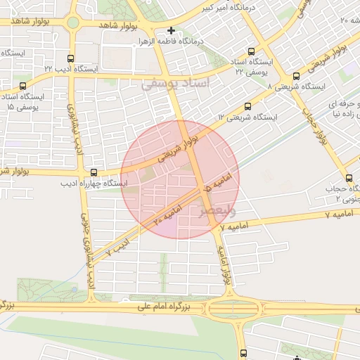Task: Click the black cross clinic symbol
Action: click(172, 30)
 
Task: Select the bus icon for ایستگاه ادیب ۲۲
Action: click(70, 59)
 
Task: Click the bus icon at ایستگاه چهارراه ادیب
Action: click(94, 172)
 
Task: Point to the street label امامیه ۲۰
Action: click(166, 214)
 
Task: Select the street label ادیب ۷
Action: click(118, 246)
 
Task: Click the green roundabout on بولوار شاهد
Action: click(73, 22)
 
